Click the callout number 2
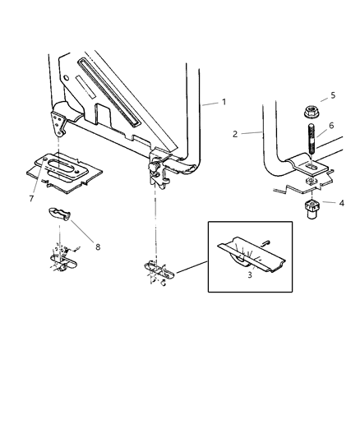(x=234, y=131)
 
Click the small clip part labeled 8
(x=58, y=215)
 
